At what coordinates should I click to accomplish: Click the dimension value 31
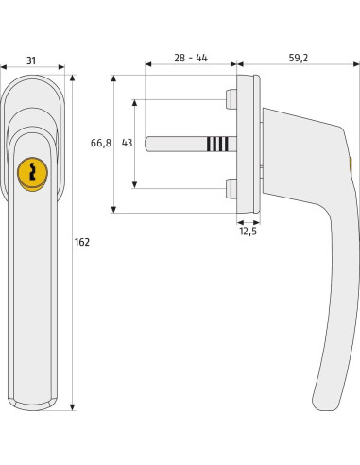pos(31,60)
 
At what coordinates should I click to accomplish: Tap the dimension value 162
pos(82,243)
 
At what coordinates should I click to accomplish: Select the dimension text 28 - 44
pos(190,58)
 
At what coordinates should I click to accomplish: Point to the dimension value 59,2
pos(297,58)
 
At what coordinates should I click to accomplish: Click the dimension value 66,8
pos(101,144)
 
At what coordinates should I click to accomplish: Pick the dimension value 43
pos(126,144)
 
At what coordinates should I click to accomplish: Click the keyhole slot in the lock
pos(32,173)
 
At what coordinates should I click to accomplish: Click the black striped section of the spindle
pos(216,144)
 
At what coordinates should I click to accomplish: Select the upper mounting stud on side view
pos(231,98)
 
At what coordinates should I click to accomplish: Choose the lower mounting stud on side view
pos(231,189)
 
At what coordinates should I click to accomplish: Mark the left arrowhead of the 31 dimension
pos(4,68)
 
